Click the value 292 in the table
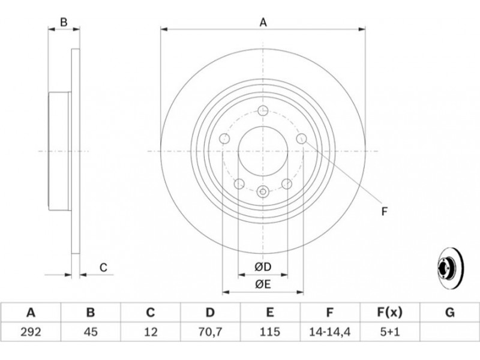(x=31, y=332)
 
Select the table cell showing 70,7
(x=210, y=332)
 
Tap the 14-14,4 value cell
(x=329, y=332)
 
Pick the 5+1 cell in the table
(x=389, y=332)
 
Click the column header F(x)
(x=389, y=313)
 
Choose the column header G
(x=449, y=313)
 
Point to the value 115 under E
(x=269, y=332)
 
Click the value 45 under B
(x=91, y=332)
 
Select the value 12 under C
(x=151, y=332)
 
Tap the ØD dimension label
(x=263, y=267)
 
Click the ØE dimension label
(x=263, y=284)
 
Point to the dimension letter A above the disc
(x=263, y=23)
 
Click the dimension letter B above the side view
(x=64, y=22)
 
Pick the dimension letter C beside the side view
(x=103, y=267)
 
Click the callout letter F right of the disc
(x=385, y=211)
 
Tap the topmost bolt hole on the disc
(x=263, y=110)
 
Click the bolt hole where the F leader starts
(x=302, y=139)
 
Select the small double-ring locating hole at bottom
(x=263, y=192)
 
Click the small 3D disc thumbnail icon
(x=451, y=268)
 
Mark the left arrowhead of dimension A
(x=164, y=29)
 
